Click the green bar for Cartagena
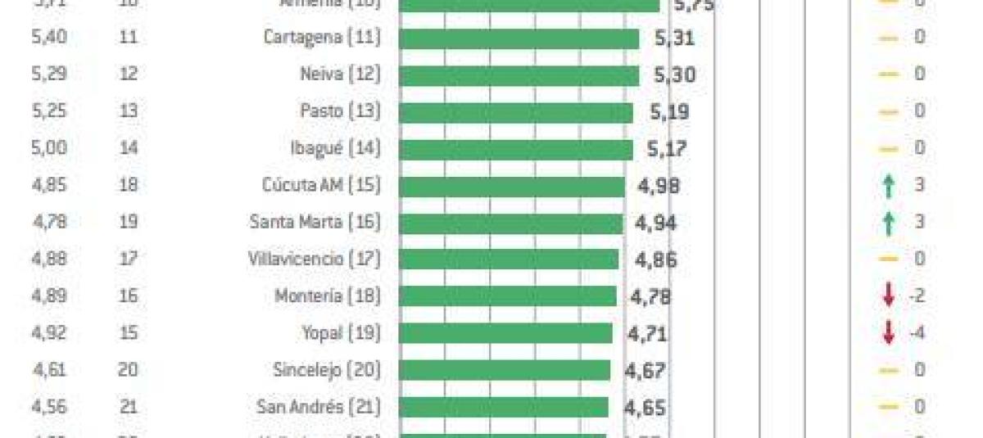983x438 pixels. [x=519, y=38]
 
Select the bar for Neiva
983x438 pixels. [x=519, y=75]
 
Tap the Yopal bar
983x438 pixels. [x=505, y=333]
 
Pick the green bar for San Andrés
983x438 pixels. [x=503, y=407]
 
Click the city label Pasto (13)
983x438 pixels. [x=340, y=111]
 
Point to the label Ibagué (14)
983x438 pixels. [x=336, y=149]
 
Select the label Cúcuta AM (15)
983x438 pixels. [x=315, y=185]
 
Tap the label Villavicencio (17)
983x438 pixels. [x=314, y=260]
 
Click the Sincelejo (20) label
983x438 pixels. [x=326, y=370]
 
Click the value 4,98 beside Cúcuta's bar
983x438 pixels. [x=659, y=187]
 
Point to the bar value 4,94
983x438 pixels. [x=656, y=223]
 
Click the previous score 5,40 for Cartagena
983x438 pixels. [x=48, y=38]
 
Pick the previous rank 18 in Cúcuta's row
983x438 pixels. [x=127, y=185]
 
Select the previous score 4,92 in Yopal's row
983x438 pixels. [x=48, y=333]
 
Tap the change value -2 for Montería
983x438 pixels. [x=917, y=296]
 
